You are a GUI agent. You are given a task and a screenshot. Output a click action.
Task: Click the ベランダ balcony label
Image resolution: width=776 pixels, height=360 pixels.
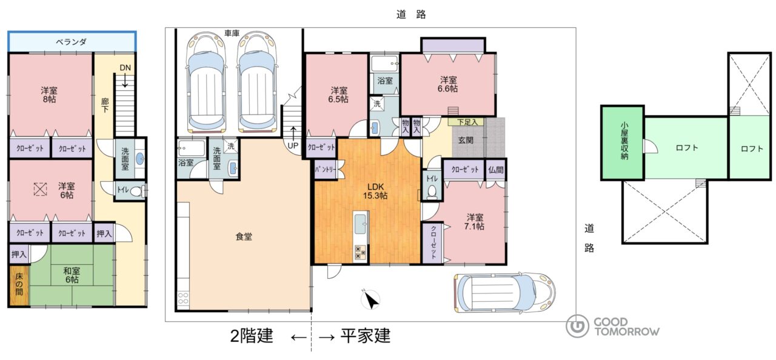pos(71,42)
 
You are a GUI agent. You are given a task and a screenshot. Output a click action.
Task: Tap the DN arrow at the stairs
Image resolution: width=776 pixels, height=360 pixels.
pos(125,81)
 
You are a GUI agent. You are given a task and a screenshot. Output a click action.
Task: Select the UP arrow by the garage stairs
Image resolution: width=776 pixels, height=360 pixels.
pos(293,133)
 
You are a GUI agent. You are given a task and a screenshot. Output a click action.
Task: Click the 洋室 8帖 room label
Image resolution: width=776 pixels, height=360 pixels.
pos(49,95)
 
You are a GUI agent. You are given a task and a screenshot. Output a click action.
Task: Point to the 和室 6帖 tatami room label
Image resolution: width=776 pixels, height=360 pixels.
pos(72,275)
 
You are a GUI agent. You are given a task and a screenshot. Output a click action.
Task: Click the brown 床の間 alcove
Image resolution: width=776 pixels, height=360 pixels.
pos(19,285)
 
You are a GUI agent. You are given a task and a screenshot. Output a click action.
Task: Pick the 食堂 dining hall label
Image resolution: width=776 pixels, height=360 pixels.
pos(244,237)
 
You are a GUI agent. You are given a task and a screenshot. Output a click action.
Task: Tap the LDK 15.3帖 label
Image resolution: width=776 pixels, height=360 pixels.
pos(375,191)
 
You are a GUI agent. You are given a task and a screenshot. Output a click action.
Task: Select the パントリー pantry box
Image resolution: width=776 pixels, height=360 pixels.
pos(325,169)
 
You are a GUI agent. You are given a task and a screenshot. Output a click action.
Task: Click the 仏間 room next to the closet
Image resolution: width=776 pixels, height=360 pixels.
pos(496,169)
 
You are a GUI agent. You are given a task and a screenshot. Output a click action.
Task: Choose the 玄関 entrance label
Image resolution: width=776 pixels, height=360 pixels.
pos(466,140)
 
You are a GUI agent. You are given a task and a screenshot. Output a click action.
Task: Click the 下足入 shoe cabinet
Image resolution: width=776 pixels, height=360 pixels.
pos(467,122)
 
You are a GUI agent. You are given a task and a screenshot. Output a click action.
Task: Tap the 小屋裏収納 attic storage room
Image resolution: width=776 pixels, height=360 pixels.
pos(623,142)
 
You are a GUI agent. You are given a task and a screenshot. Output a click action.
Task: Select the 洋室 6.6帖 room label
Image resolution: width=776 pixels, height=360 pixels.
pos(448,84)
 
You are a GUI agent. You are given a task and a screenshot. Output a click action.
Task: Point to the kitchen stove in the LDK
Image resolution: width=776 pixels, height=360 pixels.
pos(360,252)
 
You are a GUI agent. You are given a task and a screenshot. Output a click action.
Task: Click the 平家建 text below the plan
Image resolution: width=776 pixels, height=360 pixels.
pos(365,336)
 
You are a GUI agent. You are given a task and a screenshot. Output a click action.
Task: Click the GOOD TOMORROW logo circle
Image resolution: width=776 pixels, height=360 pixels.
pos(577,326)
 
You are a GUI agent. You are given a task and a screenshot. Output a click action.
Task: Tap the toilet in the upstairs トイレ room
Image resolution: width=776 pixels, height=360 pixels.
pos(138,191)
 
